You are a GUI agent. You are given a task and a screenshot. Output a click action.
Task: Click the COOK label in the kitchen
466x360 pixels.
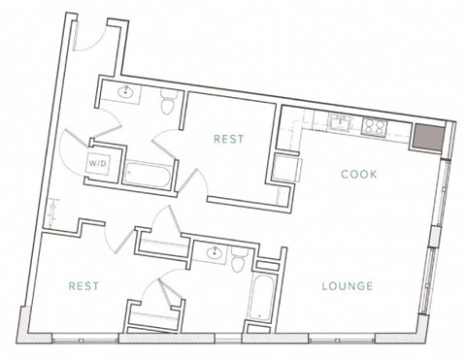[358, 174]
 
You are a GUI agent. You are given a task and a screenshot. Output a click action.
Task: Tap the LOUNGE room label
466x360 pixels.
[347, 285]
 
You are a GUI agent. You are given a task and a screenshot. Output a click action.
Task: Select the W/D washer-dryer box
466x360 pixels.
[99, 164]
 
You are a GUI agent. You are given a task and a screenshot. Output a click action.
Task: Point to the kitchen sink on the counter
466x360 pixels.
[341, 122]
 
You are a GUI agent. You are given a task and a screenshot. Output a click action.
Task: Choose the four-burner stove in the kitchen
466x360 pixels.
[374, 126]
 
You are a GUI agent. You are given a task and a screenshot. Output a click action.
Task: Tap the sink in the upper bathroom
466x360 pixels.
[127, 93]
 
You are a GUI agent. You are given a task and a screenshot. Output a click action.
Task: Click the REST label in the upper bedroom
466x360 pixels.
[228, 140]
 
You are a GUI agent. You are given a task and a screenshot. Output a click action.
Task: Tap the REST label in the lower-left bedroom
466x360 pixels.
[85, 285]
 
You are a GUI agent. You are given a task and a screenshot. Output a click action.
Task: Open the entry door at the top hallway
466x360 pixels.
[89, 35]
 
